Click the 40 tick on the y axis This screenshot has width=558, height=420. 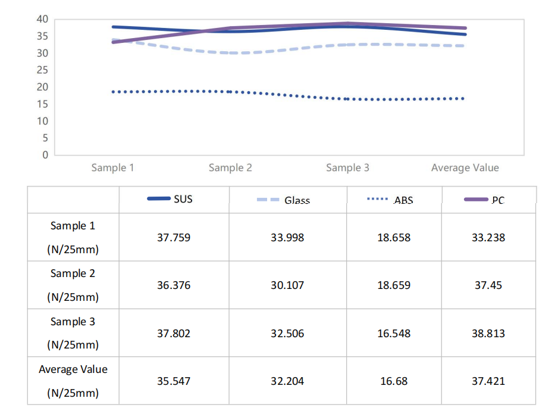pyautogui.click(x=42, y=19)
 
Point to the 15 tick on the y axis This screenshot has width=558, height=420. pyautogui.click(x=42, y=104)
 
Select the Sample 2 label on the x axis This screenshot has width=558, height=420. pyautogui.click(x=230, y=168)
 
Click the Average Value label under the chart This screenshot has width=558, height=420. pyautogui.click(x=465, y=168)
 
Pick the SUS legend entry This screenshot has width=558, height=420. pyautogui.click(x=174, y=200)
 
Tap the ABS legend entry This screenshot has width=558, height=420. pyautogui.click(x=394, y=200)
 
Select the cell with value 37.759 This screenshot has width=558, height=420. pyautogui.click(x=174, y=238)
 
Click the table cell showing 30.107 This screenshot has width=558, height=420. pyautogui.click(x=287, y=285)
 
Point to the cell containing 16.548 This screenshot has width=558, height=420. pyautogui.click(x=394, y=334)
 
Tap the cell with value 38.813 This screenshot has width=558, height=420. pyautogui.click(x=488, y=334)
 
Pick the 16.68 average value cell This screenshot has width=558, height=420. pyautogui.click(x=394, y=381)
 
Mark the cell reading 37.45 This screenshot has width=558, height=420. pyautogui.click(x=488, y=285)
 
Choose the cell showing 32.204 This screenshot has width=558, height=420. pyautogui.click(x=287, y=381)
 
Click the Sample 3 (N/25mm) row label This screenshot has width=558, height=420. pyautogui.click(x=73, y=333)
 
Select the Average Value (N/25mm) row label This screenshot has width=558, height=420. pyautogui.click(x=73, y=381)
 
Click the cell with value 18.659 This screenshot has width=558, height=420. pyautogui.click(x=394, y=285)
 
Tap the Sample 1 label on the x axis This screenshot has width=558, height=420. pyautogui.click(x=112, y=168)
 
